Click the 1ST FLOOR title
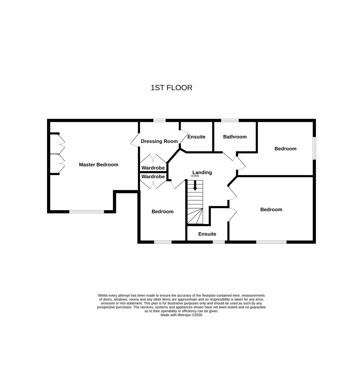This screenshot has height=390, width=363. click(171, 88)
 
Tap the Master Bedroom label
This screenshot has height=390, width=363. click(99, 165)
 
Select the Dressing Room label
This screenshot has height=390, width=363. click(159, 141)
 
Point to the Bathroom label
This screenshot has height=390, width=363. click(235, 137)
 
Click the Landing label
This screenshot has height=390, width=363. click(202, 172)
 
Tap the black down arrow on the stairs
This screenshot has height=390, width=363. click(195, 185)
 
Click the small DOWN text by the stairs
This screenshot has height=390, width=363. click(195, 176)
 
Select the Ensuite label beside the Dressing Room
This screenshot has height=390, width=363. click(196, 137)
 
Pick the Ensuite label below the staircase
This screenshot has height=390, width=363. click(207, 234)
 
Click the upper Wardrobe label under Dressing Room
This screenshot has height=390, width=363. click(153, 168)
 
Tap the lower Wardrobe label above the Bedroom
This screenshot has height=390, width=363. click(153, 177)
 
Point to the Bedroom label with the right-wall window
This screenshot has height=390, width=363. click(285, 149)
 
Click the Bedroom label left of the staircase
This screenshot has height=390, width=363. click(162, 212)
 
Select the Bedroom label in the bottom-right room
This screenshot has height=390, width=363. click(271, 210)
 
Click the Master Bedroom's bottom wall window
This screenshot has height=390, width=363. click(86, 212)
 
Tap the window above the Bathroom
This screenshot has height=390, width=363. click(230, 121)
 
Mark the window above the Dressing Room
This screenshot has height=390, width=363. click(160, 121)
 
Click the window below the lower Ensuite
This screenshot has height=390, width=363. click(219, 242)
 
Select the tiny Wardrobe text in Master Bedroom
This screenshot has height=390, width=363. click(54, 154)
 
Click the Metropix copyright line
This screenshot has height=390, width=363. click(181, 315)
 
